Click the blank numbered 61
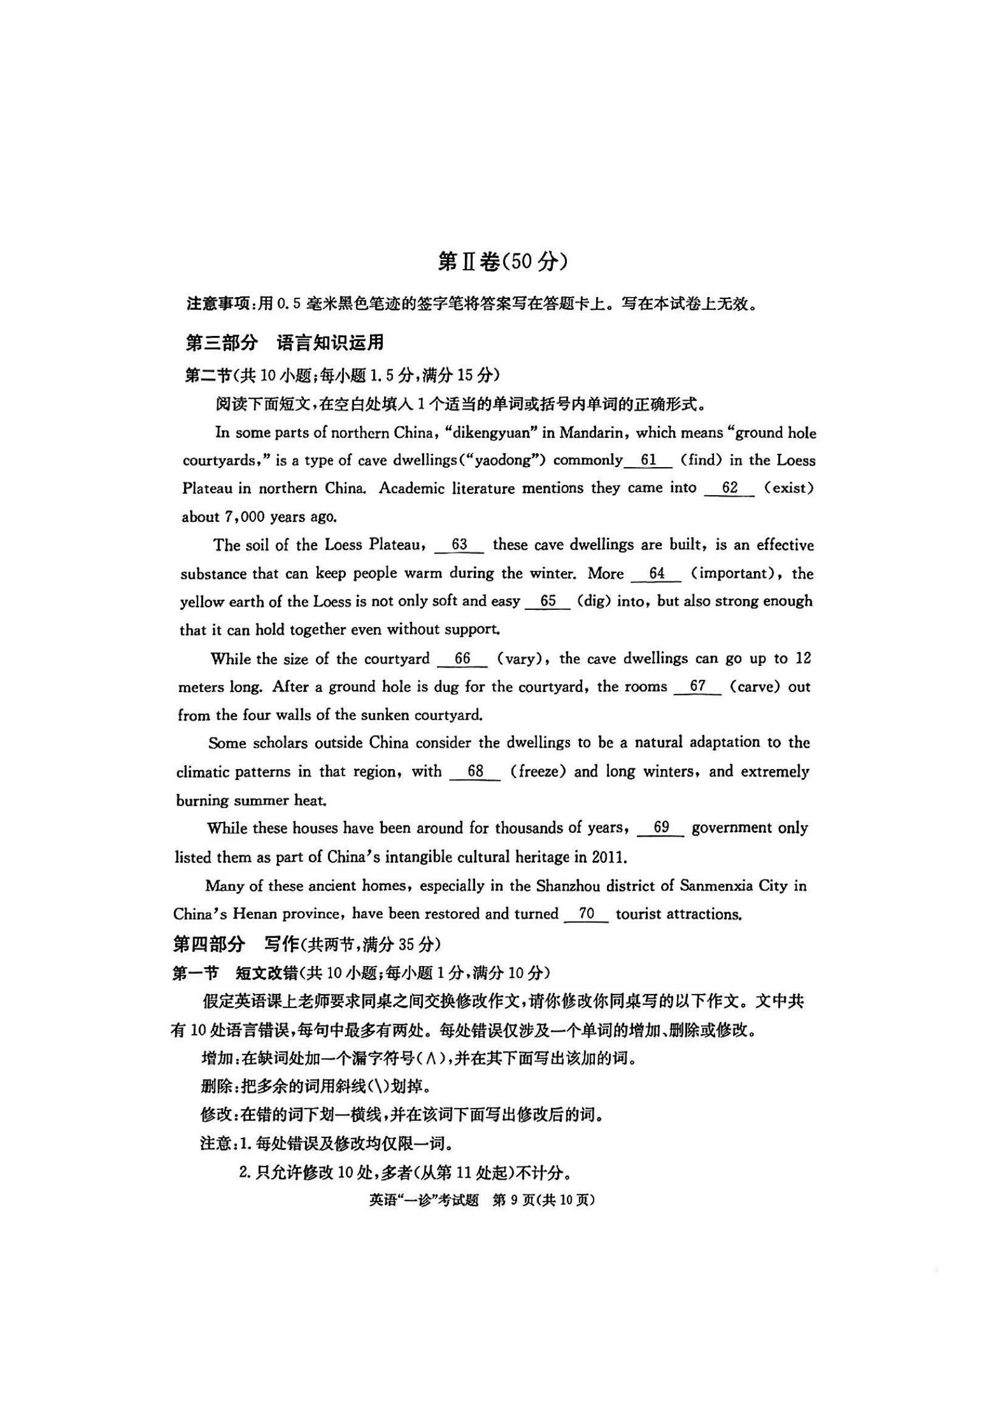click(x=648, y=461)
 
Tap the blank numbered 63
click(x=459, y=544)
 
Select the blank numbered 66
click(x=462, y=659)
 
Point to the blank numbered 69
click(x=661, y=828)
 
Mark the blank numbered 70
click(x=586, y=914)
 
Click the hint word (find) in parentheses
click(x=701, y=461)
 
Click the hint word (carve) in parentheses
click(x=755, y=687)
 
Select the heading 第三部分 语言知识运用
click(x=284, y=342)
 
